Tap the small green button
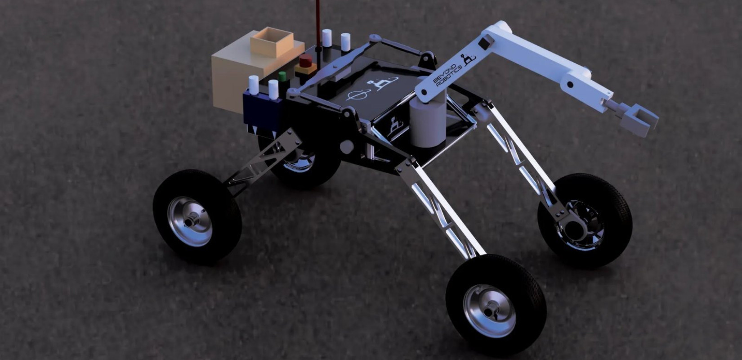[x=282, y=76]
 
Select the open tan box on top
[x=272, y=42]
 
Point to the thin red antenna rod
[x=318, y=23]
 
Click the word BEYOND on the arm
[x=446, y=71]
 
